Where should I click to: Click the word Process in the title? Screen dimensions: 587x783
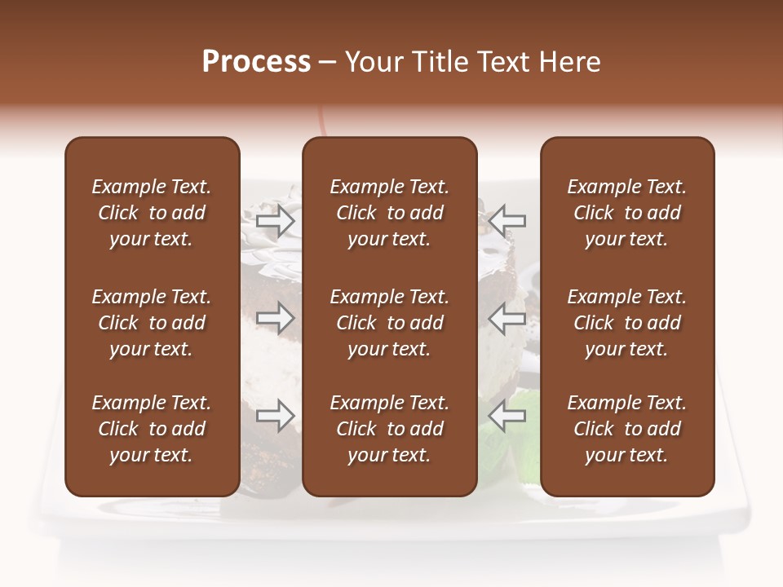(x=256, y=62)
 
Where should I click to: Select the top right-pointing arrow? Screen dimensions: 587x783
(x=276, y=220)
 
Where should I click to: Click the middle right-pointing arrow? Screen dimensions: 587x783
(x=276, y=317)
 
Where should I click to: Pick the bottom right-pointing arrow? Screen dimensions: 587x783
(x=276, y=416)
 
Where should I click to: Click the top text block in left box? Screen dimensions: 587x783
(x=152, y=213)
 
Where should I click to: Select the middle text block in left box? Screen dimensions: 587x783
(x=152, y=323)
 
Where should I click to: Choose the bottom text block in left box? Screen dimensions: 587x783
(x=152, y=429)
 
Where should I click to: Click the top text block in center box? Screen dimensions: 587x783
(x=390, y=213)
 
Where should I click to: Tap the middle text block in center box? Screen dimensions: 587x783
(x=390, y=323)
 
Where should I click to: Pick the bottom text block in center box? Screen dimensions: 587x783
(x=390, y=429)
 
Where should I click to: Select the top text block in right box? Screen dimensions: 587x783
(x=627, y=213)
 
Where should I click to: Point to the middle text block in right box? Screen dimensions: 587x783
(x=627, y=323)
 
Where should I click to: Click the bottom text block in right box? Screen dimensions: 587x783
(x=627, y=429)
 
